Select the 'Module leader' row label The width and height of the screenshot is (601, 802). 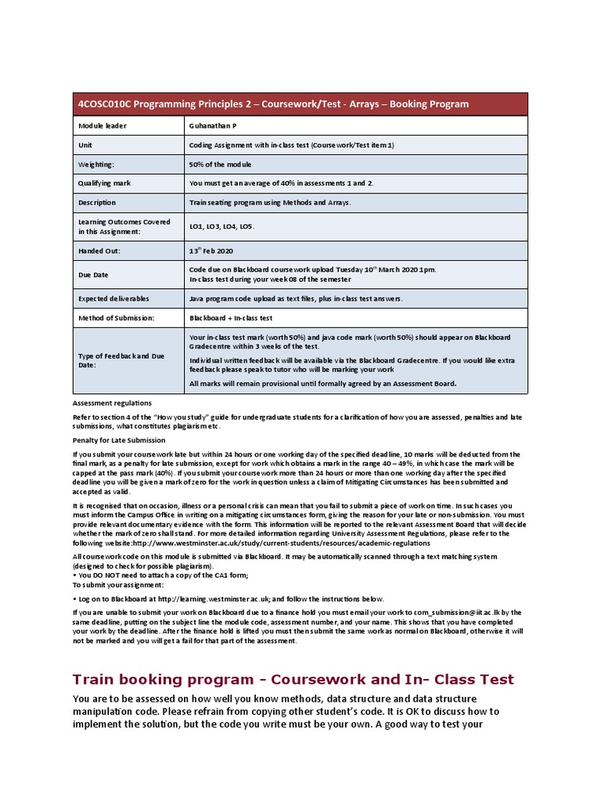(x=102, y=125)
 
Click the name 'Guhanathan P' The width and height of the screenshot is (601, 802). (x=211, y=125)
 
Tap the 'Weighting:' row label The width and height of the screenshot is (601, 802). (x=96, y=164)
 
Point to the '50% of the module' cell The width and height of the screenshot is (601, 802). (x=221, y=164)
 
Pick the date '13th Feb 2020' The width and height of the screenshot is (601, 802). (x=211, y=251)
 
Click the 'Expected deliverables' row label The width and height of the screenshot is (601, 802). (x=113, y=298)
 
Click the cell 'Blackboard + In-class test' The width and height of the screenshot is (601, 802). (x=231, y=318)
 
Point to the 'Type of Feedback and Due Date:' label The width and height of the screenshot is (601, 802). (x=121, y=360)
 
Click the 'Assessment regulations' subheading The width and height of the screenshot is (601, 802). (x=112, y=403)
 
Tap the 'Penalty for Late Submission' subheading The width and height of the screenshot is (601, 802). (x=119, y=440)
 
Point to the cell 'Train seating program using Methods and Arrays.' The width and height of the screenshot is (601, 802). (x=270, y=202)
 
